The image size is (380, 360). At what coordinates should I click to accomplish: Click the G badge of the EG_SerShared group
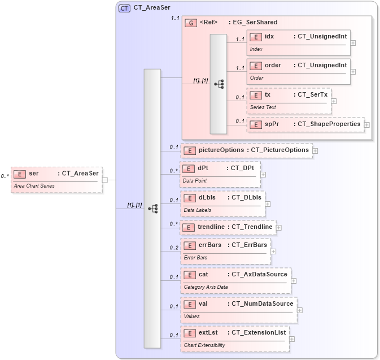coord(191,23)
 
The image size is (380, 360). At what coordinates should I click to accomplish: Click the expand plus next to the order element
coord(353,72)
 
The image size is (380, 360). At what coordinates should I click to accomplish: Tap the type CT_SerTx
coord(312,94)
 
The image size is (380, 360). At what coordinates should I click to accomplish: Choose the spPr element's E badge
coord(256,124)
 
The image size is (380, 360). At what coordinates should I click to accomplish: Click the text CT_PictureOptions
coord(279,150)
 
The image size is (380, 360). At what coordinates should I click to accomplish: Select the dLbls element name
coord(207,197)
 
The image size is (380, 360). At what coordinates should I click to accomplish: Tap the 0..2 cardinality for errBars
coord(174,248)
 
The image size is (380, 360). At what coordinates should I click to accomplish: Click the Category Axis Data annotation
coord(206,287)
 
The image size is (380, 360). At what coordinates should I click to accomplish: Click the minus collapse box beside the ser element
coord(105,180)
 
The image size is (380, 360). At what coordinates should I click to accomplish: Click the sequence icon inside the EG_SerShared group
coord(219,84)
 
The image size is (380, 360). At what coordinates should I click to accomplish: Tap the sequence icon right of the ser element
coord(152,209)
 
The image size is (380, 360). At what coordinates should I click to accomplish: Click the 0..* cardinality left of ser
coord(5,176)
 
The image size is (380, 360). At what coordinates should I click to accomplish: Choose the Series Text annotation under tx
coord(263,107)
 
